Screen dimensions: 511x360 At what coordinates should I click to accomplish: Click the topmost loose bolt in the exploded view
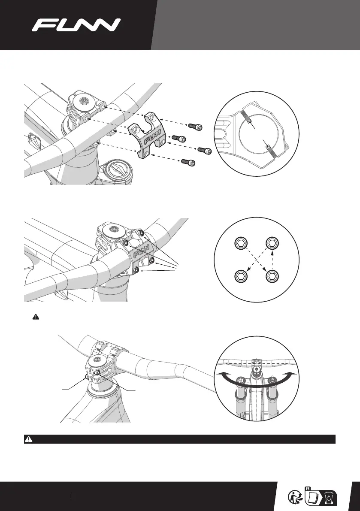click(196, 127)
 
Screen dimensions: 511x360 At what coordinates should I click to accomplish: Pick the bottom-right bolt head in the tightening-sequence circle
click(272, 277)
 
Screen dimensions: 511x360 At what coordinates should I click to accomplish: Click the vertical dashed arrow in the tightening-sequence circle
click(272, 260)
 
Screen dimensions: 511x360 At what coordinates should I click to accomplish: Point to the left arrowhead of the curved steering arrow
click(220, 374)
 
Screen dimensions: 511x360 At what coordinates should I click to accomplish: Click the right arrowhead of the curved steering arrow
click(294, 374)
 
